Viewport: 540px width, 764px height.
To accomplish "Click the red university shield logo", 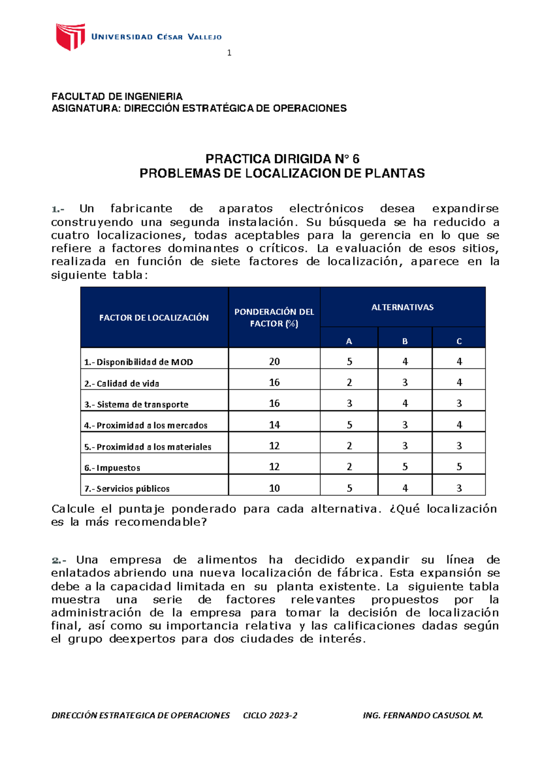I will (x=70, y=36).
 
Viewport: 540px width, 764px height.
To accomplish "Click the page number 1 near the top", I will (x=229, y=53).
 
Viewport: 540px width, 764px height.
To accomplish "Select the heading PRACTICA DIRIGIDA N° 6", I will (x=282, y=159).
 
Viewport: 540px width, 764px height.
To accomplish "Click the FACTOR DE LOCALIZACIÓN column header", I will (x=154, y=318).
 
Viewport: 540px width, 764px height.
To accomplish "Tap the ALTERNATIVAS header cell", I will (x=402, y=307).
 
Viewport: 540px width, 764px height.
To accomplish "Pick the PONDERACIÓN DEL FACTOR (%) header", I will (x=274, y=318).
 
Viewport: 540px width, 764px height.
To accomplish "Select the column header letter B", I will (x=405, y=342).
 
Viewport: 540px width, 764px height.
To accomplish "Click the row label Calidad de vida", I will (x=121, y=384).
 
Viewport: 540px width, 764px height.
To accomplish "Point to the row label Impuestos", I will (x=112, y=468).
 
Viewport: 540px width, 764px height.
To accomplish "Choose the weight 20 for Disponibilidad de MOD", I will (x=274, y=362).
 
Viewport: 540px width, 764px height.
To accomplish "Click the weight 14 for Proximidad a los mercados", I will (x=274, y=425).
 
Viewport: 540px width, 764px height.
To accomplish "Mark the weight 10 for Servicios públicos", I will (x=274, y=488).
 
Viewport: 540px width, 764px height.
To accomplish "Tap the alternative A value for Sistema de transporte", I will (x=349, y=404).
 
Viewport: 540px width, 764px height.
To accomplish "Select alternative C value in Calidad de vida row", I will (x=459, y=382).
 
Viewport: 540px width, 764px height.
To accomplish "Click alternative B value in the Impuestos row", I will (x=405, y=467).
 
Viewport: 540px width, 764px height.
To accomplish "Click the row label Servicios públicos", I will (x=127, y=489).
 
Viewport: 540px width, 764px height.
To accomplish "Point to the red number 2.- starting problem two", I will (x=59, y=560).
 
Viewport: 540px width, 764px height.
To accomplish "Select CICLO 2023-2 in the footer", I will (x=270, y=715).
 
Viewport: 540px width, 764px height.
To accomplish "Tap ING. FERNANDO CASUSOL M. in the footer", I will (x=423, y=715).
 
